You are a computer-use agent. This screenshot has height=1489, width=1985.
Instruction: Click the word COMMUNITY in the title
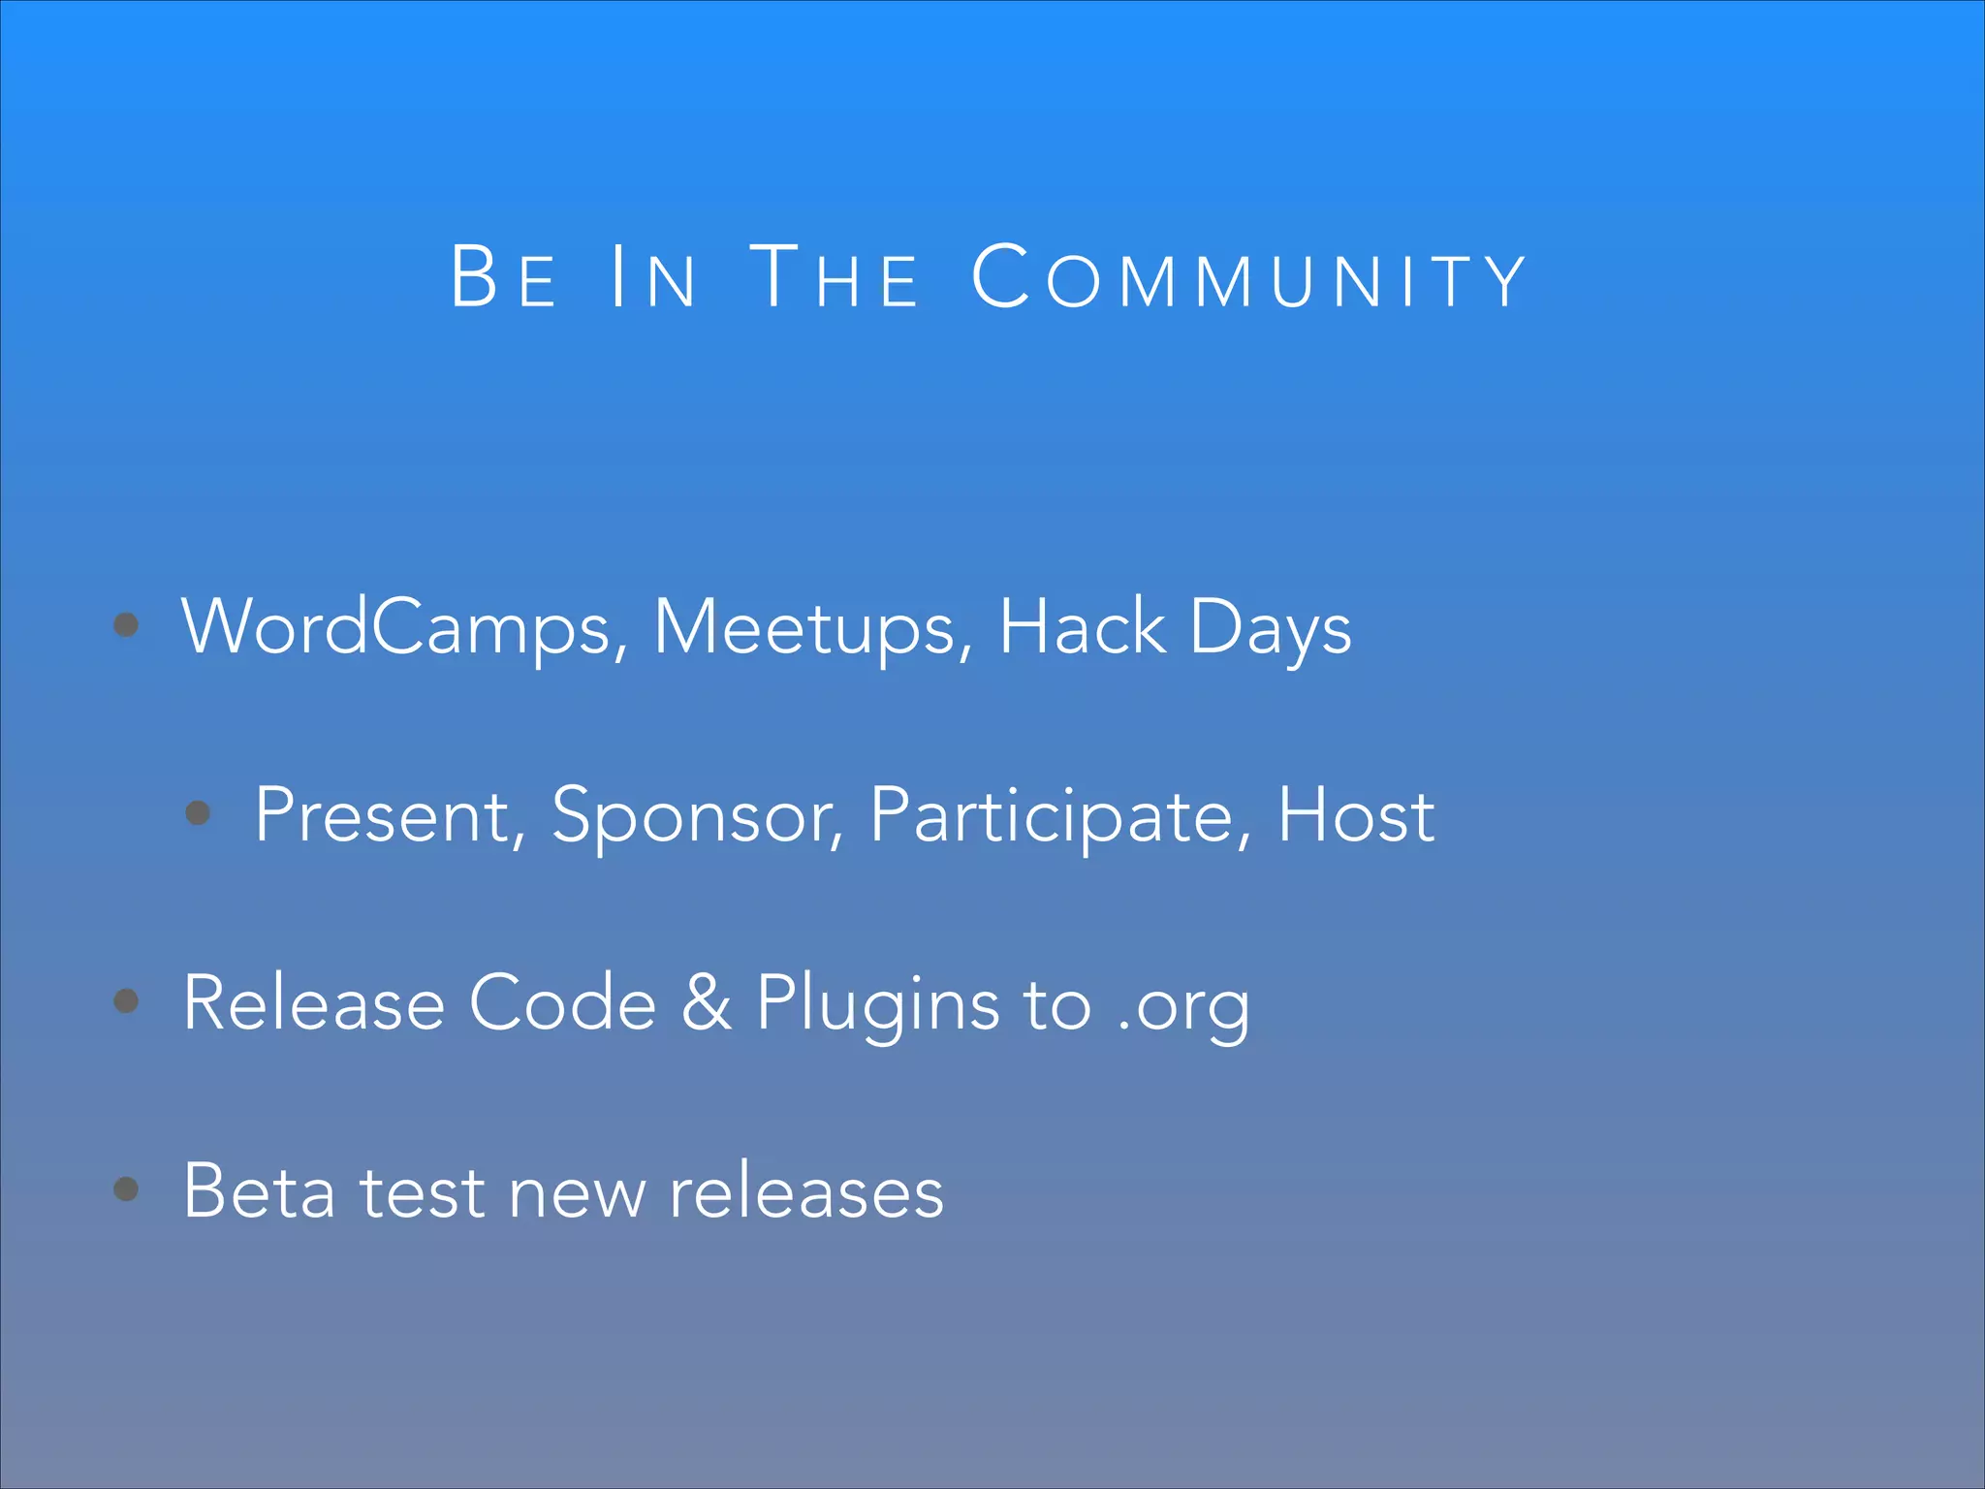(x=1248, y=278)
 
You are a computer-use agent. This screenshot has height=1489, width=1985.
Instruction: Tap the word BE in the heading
(x=504, y=278)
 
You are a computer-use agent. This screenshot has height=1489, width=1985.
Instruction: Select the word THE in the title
(x=835, y=278)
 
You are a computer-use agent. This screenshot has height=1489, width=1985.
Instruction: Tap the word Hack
(x=1082, y=627)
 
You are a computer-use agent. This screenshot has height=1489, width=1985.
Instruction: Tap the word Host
(x=1356, y=815)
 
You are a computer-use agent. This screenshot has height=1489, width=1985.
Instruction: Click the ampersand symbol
(x=707, y=1002)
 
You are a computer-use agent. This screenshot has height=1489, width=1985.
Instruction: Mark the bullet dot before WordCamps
(x=126, y=624)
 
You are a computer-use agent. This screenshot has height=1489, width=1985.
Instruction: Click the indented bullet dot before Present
(x=198, y=811)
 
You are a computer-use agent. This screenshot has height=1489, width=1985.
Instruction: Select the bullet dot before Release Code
(x=126, y=999)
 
